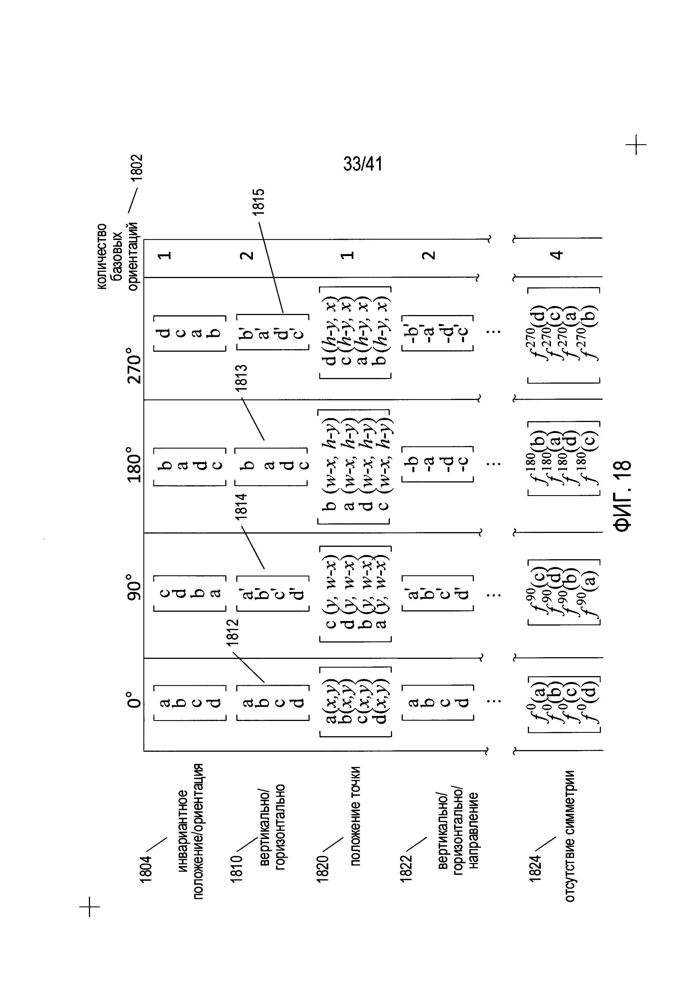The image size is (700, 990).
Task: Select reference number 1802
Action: point(137,170)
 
